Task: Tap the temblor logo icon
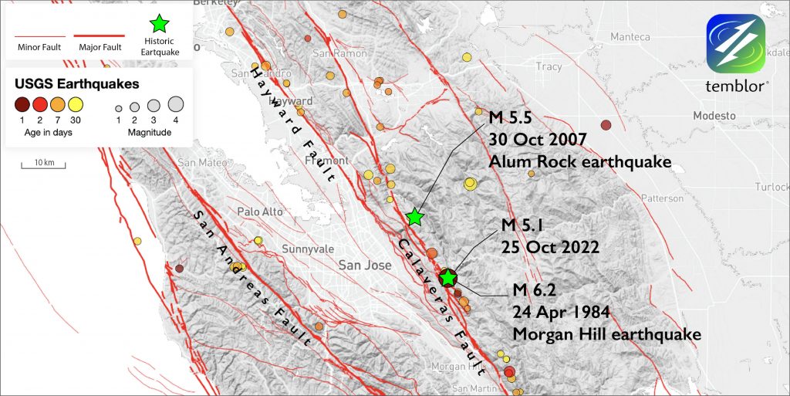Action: pos(735,45)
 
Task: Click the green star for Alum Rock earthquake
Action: pos(415,217)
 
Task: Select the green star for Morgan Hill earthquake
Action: pos(447,277)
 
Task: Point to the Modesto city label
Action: pos(714,115)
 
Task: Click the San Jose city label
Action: pos(366,265)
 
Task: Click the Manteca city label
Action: pos(630,37)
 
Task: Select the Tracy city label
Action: pos(549,67)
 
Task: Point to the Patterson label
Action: pos(662,198)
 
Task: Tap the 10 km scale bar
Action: pos(44,164)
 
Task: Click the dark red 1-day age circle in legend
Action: pos(22,105)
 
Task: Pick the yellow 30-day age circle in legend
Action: pos(76,105)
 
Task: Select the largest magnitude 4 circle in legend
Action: pos(175,104)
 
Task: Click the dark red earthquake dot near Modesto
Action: pos(606,125)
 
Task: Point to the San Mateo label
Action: pos(197,163)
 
